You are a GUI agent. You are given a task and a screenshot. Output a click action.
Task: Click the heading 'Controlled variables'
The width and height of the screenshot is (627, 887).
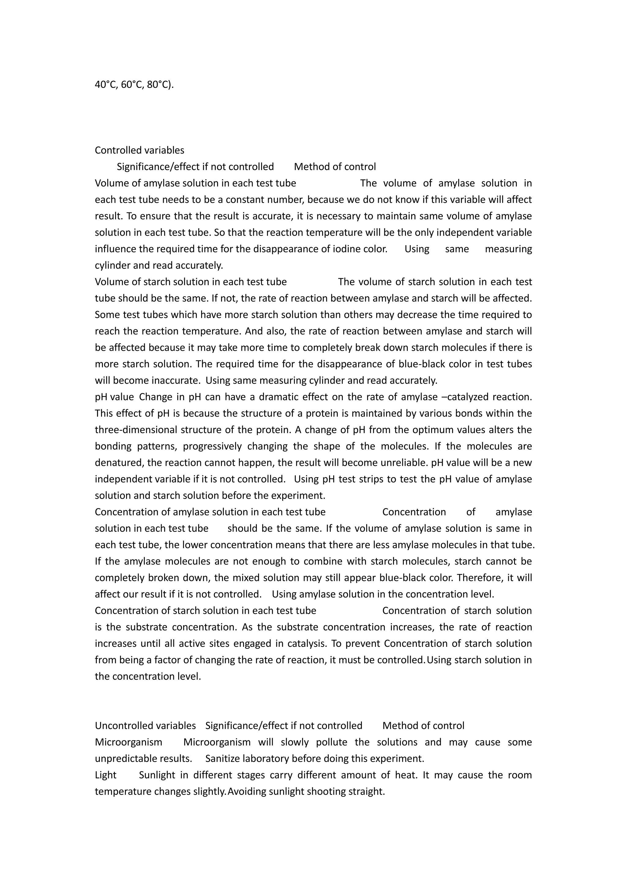coord(139,150)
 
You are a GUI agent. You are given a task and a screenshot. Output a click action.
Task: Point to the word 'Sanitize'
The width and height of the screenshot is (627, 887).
coord(222,758)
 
